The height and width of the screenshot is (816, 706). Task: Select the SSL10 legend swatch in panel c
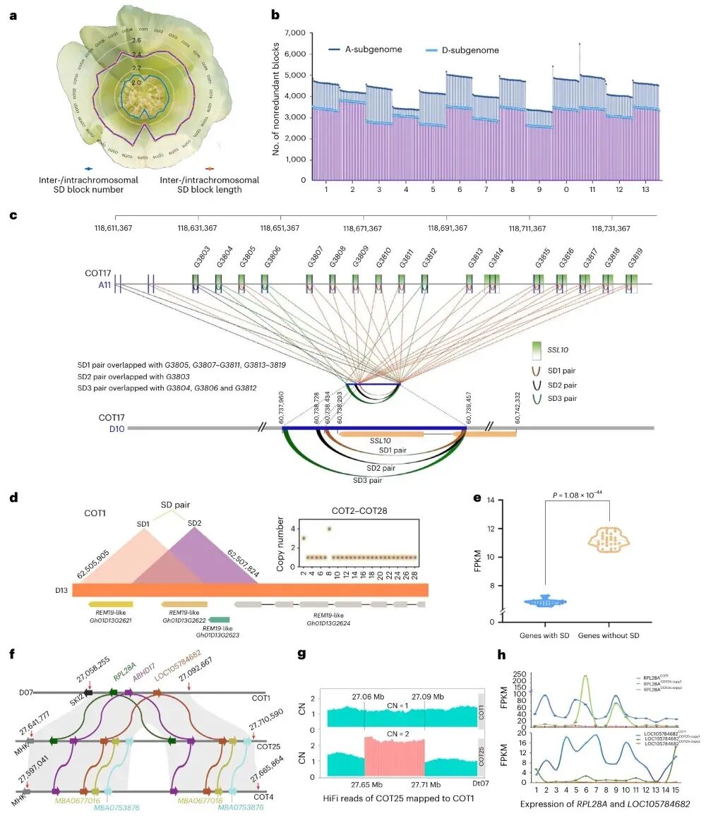pos(539,352)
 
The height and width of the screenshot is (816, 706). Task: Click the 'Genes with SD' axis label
pos(545,636)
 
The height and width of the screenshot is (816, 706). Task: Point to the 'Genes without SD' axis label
pos(609,636)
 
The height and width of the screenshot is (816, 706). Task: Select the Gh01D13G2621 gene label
pos(110,621)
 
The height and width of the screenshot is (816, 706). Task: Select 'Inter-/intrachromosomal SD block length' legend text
pos(209,185)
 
